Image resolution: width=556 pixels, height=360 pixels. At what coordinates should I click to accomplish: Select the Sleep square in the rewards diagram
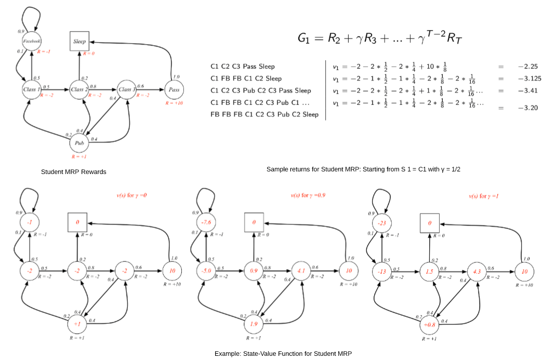point(80,41)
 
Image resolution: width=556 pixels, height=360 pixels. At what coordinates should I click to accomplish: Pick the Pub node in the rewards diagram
point(79,142)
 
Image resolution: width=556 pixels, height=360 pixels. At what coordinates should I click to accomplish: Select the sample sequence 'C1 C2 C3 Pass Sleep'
point(243,67)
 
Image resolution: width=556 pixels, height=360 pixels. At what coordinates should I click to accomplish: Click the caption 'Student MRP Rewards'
point(74,171)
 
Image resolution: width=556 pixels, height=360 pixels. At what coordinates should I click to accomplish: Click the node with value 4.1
point(302,271)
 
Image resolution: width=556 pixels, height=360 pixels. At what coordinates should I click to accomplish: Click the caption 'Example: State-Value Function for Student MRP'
point(283,354)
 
